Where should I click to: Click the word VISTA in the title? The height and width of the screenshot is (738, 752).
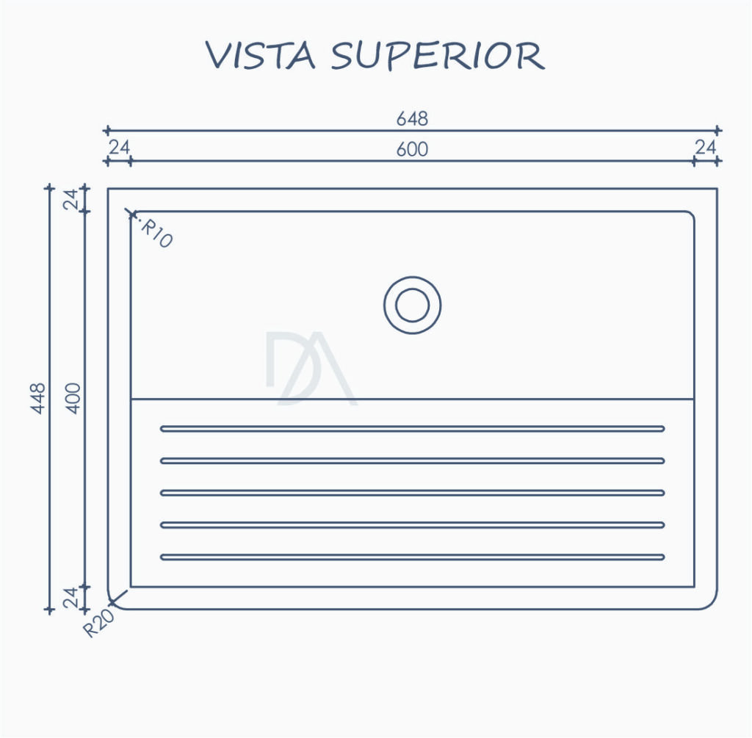tap(261, 55)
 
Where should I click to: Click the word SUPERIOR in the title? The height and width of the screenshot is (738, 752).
tap(438, 56)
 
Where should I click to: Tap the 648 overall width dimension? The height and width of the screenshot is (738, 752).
tap(412, 118)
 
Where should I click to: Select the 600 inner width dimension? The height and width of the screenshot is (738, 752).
tap(412, 149)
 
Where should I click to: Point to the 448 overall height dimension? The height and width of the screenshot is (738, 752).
tap(37, 398)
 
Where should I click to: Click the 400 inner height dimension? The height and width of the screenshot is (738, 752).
tap(73, 398)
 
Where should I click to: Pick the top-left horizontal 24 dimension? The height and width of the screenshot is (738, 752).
tap(120, 148)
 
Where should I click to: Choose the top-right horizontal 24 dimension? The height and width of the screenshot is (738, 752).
tap(706, 148)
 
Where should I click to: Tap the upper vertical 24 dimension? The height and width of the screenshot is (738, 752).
tap(70, 200)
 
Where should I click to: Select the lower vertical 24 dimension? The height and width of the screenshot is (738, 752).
tap(70, 598)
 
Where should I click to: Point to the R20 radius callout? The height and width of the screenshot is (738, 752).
tap(99, 623)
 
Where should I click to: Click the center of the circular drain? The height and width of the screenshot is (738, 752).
tap(413, 305)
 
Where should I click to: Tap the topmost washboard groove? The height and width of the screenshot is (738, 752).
tap(413, 429)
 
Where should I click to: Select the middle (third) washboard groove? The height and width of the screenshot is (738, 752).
tap(413, 493)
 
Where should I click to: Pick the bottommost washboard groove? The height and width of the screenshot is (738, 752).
tap(413, 557)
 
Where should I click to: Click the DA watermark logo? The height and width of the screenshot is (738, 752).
tap(311, 369)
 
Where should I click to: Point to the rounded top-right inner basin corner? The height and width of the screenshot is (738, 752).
tap(692, 214)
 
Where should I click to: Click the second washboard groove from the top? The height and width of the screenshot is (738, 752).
tap(413, 461)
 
